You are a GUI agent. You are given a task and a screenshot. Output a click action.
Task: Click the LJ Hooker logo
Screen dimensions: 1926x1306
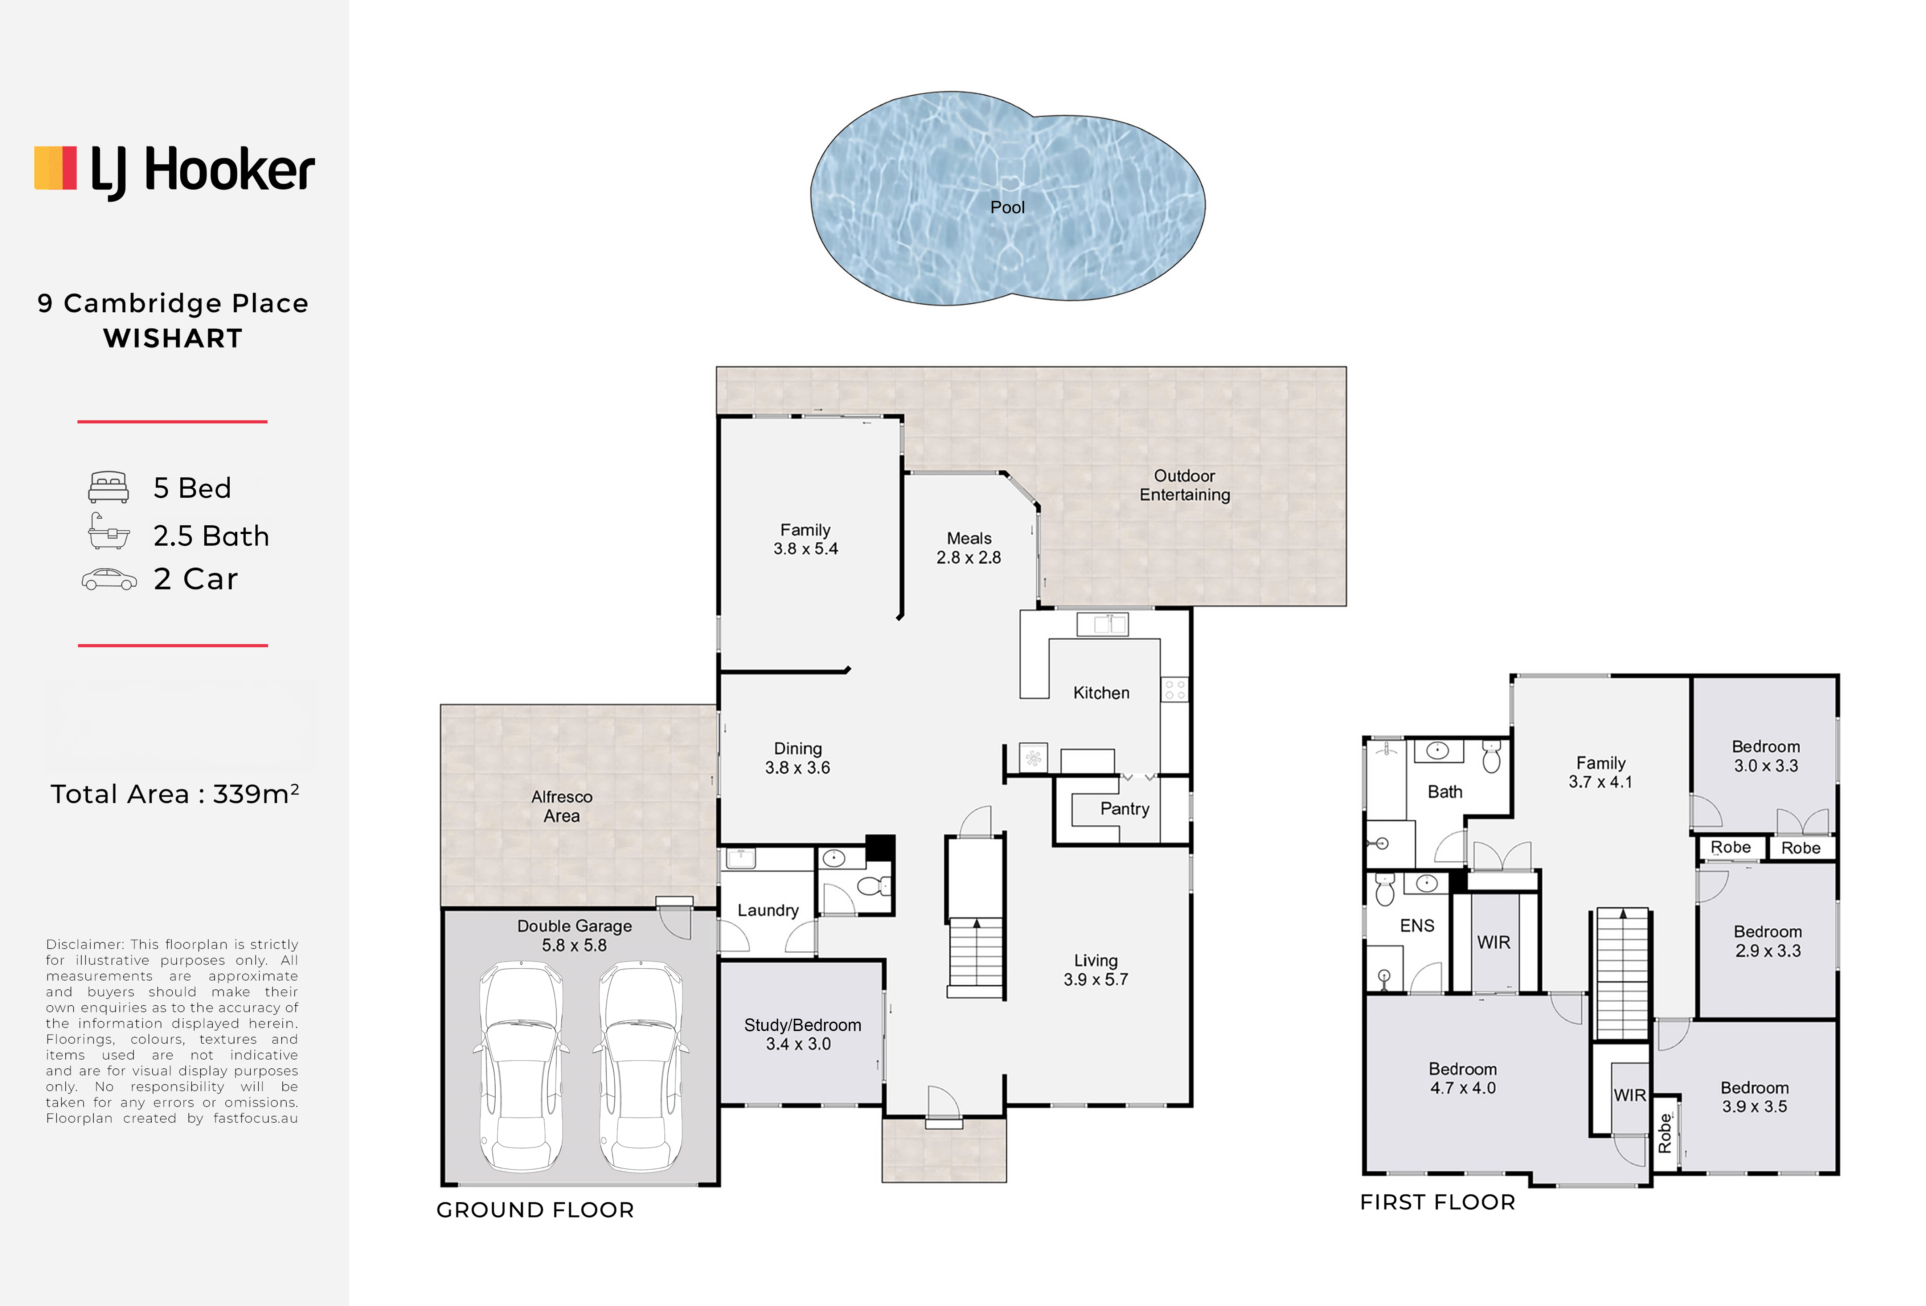tap(174, 172)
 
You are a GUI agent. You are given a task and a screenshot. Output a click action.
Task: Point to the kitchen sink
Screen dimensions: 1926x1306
tap(1102, 624)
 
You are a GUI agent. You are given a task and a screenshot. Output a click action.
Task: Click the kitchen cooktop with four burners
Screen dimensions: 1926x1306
tap(1174, 690)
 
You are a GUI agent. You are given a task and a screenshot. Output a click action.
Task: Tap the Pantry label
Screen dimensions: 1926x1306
tap(1124, 809)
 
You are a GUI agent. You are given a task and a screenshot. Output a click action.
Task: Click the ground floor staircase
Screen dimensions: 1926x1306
tap(975, 957)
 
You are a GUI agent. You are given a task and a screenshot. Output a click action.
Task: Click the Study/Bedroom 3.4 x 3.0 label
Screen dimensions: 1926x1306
tap(802, 1034)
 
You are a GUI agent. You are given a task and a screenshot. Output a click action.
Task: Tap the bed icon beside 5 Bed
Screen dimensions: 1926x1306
tap(108, 487)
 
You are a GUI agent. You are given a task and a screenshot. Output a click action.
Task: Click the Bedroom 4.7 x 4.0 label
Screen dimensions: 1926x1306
tap(1463, 1078)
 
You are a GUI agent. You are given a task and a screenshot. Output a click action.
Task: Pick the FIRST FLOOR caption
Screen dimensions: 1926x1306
tap(1438, 1202)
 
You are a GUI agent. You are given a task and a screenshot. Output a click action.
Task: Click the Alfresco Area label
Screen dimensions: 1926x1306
tap(562, 806)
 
